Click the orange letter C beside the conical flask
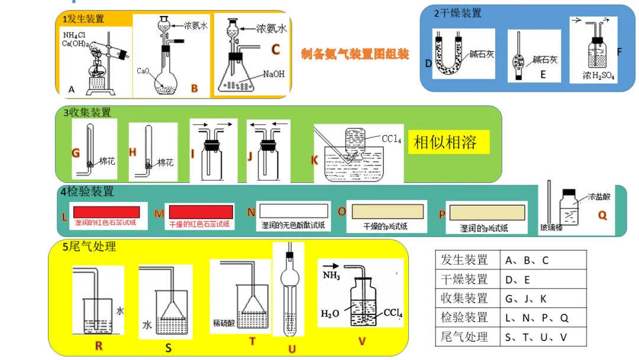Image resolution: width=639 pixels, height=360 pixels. pyautogui.click(x=275, y=50)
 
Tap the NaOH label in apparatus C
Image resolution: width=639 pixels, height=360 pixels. pyautogui.click(x=274, y=74)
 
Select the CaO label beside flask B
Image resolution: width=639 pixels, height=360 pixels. pyautogui.click(x=143, y=70)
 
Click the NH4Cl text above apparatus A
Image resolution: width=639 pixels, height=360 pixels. pyautogui.click(x=76, y=36)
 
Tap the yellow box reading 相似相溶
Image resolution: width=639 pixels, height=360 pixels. pyautogui.click(x=449, y=142)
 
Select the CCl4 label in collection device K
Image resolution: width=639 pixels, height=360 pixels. pyautogui.click(x=391, y=139)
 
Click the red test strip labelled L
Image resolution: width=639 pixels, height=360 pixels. pyautogui.click(x=106, y=211)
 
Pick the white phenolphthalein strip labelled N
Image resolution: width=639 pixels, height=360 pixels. pyautogui.click(x=295, y=210)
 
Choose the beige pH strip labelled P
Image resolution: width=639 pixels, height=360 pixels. pyautogui.click(x=487, y=212)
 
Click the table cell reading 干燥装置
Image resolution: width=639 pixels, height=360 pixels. pyautogui.click(x=465, y=279)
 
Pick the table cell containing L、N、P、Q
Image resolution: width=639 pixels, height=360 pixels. pyautogui.click(x=537, y=317)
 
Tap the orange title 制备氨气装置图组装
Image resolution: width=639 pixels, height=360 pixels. pyautogui.click(x=355, y=54)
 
